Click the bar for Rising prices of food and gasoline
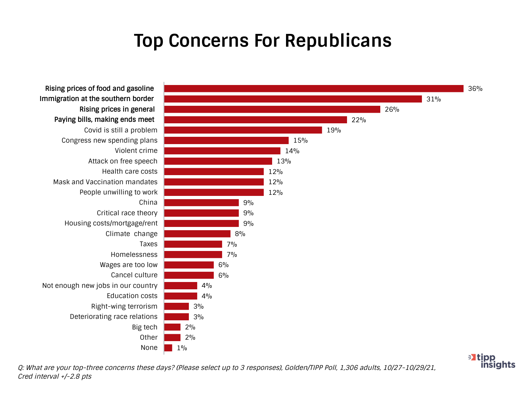tap(314, 89)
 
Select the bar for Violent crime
tap(222, 151)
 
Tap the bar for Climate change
tap(197, 234)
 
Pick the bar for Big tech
tap(172, 327)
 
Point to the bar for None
tap(168, 348)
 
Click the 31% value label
tap(434, 99)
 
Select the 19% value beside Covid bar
tap(334, 130)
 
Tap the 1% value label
tap(182, 348)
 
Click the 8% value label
tap(240, 234)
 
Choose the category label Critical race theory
tap(127, 213)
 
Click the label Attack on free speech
tap(123, 161)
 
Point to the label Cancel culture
tap(134, 275)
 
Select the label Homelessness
tap(134, 255)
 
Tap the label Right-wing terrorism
tap(124, 306)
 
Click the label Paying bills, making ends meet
tap(104, 120)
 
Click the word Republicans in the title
tap(338, 40)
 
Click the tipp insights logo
tap(492, 361)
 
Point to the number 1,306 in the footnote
tap(349, 368)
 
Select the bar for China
tap(201, 203)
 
